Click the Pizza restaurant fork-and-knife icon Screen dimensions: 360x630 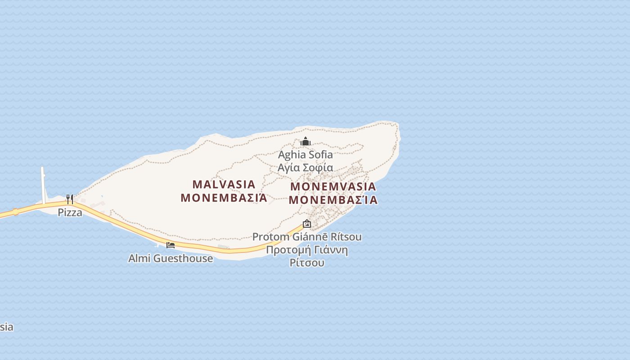(x=70, y=199)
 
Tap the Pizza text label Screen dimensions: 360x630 (x=70, y=212)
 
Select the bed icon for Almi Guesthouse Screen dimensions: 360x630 (x=171, y=245)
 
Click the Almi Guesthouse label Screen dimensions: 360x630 (x=171, y=258)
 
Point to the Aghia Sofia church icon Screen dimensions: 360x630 (x=306, y=142)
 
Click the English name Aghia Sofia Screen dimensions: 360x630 (x=306, y=155)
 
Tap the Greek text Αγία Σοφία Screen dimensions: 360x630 (x=306, y=168)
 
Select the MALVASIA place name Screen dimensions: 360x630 (x=224, y=184)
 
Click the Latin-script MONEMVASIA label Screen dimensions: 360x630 (x=333, y=187)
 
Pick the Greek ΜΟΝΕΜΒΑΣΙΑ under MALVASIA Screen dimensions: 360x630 (x=224, y=198)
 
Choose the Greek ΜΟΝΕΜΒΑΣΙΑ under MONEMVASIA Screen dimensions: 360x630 (x=333, y=200)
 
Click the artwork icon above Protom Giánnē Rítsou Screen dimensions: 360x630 (x=307, y=224)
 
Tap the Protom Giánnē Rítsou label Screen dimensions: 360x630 (x=307, y=237)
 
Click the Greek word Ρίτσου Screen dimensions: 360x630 (x=307, y=263)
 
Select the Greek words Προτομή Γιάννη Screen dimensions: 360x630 (x=307, y=250)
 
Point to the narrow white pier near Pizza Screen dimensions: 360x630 (x=43, y=184)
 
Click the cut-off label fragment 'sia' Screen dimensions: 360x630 (x=6, y=327)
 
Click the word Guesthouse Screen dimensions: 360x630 (x=183, y=258)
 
